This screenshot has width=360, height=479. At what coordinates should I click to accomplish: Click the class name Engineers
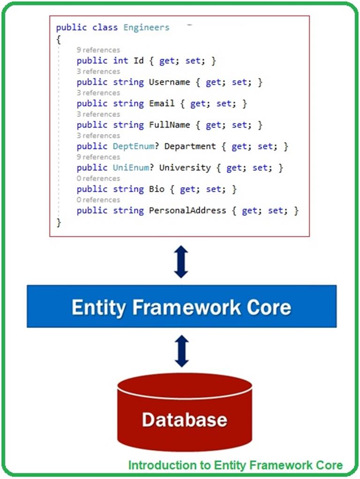point(146,28)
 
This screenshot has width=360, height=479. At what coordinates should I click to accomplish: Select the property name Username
point(169,82)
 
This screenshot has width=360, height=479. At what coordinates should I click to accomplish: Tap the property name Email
point(162,104)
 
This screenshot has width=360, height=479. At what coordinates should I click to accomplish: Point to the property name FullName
point(169,125)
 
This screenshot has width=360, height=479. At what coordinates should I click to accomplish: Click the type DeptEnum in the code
point(134,146)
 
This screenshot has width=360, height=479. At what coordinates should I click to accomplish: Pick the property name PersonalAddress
point(187,211)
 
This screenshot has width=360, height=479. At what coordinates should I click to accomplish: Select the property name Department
point(190,146)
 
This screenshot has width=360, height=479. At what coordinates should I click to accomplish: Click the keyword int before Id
point(120,61)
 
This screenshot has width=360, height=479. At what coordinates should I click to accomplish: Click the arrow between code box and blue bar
point(181,261)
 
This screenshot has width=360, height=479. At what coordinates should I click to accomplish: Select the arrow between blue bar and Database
point(181,351)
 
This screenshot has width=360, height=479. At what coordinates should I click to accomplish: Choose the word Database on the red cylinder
point(184,419)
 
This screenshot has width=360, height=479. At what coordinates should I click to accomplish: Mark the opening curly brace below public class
point(59,39)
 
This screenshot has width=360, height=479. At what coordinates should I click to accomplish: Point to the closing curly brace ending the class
point(59,222)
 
